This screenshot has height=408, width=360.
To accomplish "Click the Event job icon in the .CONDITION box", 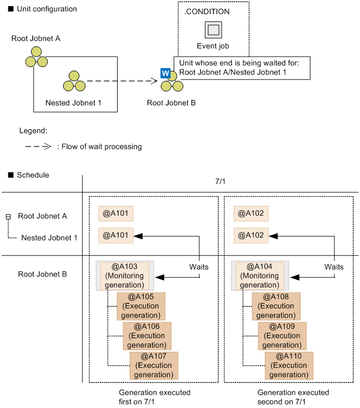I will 213,29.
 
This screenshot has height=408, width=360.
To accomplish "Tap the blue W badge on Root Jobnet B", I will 165,73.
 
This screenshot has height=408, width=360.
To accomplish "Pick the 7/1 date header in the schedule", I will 221,184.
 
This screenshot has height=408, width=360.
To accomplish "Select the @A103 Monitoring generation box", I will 124,275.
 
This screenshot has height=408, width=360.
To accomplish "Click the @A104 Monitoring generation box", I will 259,275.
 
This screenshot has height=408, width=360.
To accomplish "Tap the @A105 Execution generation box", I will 141,306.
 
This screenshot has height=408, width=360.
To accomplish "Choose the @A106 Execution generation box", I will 147,336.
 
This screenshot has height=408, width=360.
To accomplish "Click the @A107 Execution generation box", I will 154,366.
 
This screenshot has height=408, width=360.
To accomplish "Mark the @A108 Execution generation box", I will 276,306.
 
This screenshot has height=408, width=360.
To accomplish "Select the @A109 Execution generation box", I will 282,336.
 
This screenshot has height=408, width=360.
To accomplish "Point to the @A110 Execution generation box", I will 289,366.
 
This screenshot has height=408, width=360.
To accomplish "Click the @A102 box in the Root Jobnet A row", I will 251,214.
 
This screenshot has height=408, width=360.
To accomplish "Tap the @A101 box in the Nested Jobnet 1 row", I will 116,236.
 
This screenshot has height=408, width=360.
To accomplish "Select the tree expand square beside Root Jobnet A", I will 8,217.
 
